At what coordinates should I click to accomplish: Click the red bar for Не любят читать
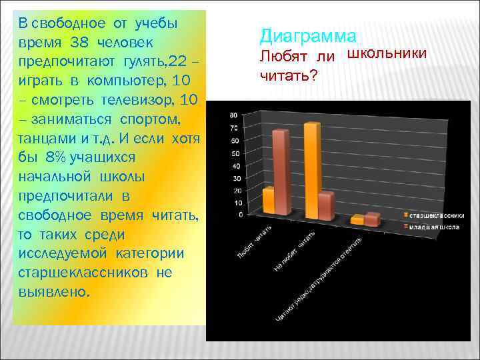325,206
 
